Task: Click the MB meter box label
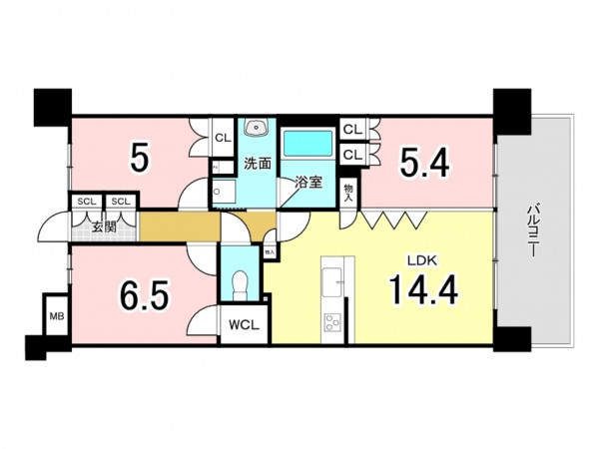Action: (57, 316)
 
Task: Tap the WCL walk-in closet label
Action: (244, 325)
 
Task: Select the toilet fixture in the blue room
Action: (240, 283)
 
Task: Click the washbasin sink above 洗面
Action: (258, 127)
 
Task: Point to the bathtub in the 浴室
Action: (308, 143)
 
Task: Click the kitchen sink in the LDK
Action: (331, 281)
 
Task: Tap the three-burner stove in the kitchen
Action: (332, 322)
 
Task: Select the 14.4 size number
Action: (423, 289)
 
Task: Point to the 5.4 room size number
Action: (424, 163)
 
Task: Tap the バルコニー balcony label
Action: (533, 230)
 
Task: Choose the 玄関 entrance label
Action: (104, 227)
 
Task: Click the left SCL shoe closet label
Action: (87, 202)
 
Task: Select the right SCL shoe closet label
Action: (121, 202)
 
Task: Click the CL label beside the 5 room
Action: (223, 138)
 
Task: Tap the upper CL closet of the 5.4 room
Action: (352, 130)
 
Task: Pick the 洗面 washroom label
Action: (258, 164)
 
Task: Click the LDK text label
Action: (421, 260)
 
